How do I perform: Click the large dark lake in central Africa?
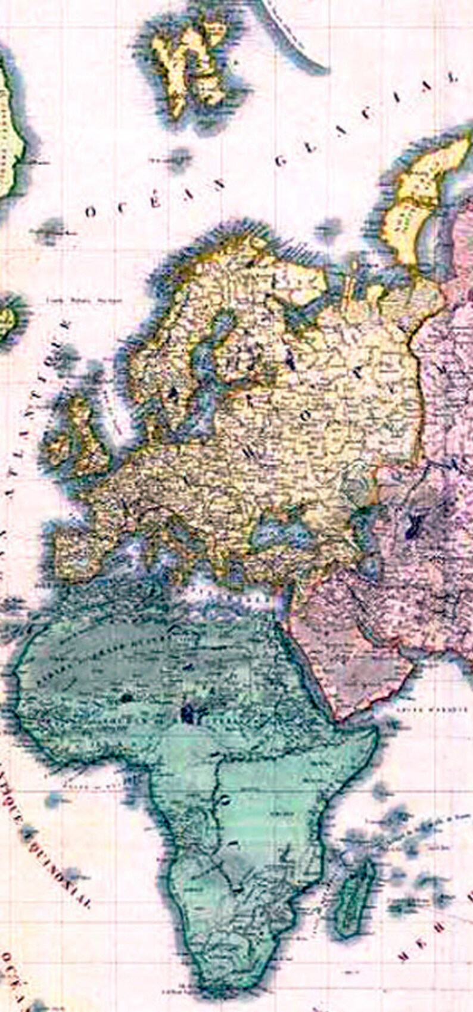coord(191,712)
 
